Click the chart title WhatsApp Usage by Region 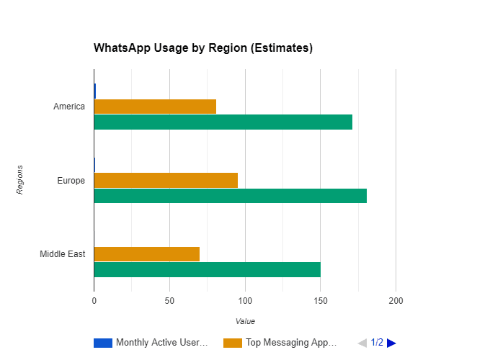point(202,48)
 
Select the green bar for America point(223,122)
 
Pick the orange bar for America point(155,107)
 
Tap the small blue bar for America point(94,91)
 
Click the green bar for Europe point(230,196)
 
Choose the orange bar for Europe point(166,181)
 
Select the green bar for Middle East point(207,270)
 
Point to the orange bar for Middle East point(146,254)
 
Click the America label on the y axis point(69,107)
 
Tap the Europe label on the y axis point(71,181)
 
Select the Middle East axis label point(63,254)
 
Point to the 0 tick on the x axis point(94,300)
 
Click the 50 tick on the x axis point(169,300)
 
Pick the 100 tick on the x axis point(245,300)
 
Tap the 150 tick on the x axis point(320,300)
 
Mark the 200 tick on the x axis point(396,300)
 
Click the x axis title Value point(245,321)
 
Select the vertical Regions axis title point(20,181)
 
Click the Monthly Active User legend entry point(151,343)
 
